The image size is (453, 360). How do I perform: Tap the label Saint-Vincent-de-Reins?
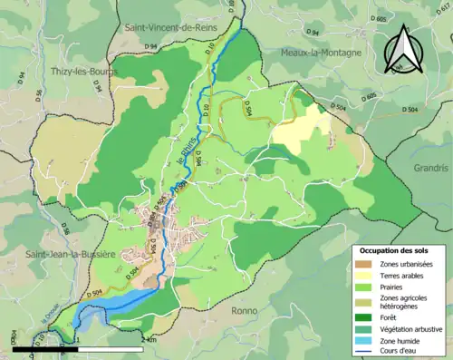170,28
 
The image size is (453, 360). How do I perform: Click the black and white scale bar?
77,348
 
